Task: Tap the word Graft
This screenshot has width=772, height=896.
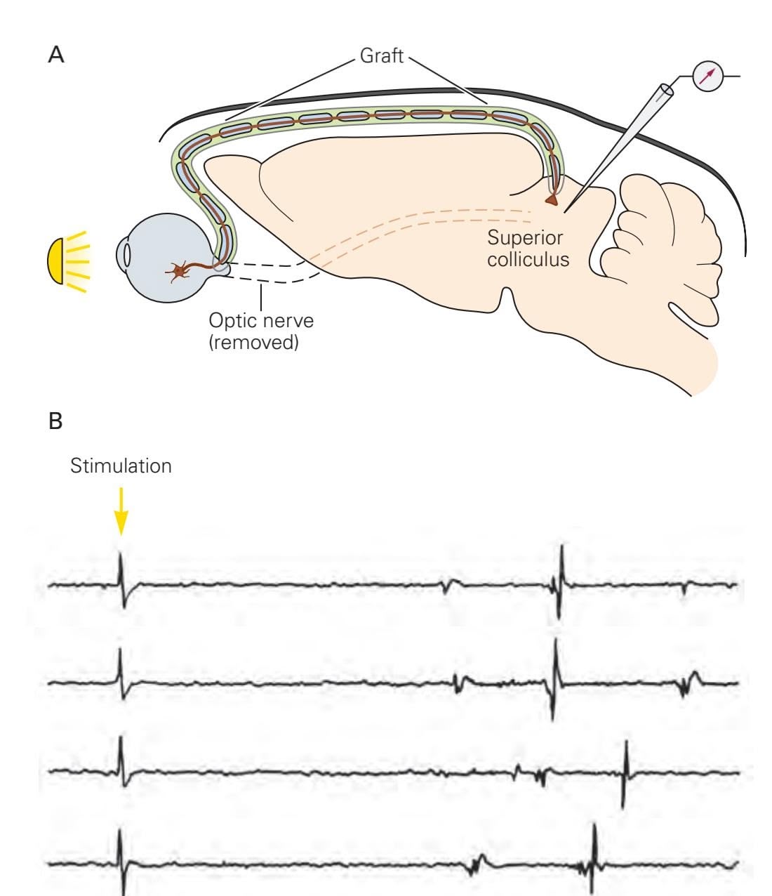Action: pyautogui.click(x=382, y=55)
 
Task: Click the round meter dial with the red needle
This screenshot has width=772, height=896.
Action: pyautogui.click(x=707, y=76)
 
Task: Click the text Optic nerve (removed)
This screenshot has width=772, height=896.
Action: pyautogui.click(x=261, y=331)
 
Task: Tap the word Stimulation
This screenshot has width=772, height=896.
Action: pyautogui.click(x=121, y=466)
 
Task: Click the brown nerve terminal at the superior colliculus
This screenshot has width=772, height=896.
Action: pyautogui.click(x=553, y=202)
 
